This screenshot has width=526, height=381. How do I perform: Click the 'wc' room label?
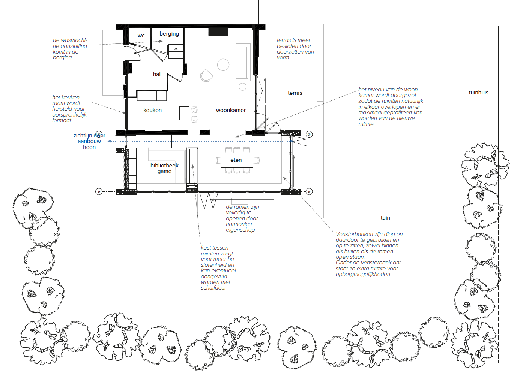pyautogui.click(x=141, y=36)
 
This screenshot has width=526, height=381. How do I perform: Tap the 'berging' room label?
pyautogui.click(x=169, y=34)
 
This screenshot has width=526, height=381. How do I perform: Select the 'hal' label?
pyautogui.click(x=156, y=74)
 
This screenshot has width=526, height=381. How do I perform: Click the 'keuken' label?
pyautogui.click(x=152, y=110)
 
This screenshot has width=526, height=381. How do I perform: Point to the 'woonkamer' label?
pyautogui.click(x=231, y=110)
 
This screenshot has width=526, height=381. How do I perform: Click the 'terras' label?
pyautogui.click(x=295, y=93)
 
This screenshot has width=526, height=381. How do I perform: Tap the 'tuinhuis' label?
pyautogui.click(x=478, y=93)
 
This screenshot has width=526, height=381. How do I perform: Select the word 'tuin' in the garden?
pyautogui.click(x=385, y=218)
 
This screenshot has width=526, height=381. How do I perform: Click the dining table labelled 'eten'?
pyautogui.click(x=237, y=160)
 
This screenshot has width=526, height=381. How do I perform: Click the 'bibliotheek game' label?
pyautogui.click(x=164, y=168)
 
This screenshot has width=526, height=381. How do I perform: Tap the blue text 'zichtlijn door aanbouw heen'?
pyautogui.click(x=89, y=141)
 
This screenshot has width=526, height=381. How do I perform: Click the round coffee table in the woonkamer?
pyautogui.click(x=223, y=64)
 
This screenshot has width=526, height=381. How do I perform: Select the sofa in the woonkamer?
pyautogui.click(x=243, y=62)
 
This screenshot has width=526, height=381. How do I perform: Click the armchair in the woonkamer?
pyautogui.click(x=206, y=76)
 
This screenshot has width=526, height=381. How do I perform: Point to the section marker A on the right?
pyautogui.click(x=309, y=192)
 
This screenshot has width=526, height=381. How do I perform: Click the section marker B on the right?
pyautogui.click(x=309, y=134)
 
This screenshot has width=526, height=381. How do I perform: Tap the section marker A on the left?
pyautogui.click(x=99, y=192)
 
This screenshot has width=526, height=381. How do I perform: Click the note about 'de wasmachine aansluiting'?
pyautogui.click(x=70, y=49)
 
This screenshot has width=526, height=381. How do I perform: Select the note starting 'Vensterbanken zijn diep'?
pyautogui.click(x=369, y=254)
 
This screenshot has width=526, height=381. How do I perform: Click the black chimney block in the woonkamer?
pyautogui.click(x=218, y=32)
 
